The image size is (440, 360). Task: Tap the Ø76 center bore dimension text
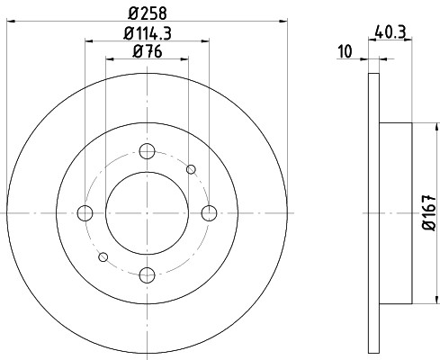click(x=148, y=51)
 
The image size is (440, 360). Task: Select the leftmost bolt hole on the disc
click(x=85, y=212)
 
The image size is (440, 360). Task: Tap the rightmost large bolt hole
click(x=210, y=212)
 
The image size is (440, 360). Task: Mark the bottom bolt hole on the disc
click(x=148, y=274)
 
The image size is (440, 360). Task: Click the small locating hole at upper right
click(x=191, y=168)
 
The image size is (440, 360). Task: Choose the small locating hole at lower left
click(x=103, y=256)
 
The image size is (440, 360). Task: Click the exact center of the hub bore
click(x=148, y=212)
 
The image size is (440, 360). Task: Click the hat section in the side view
click(x=396, y=212)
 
